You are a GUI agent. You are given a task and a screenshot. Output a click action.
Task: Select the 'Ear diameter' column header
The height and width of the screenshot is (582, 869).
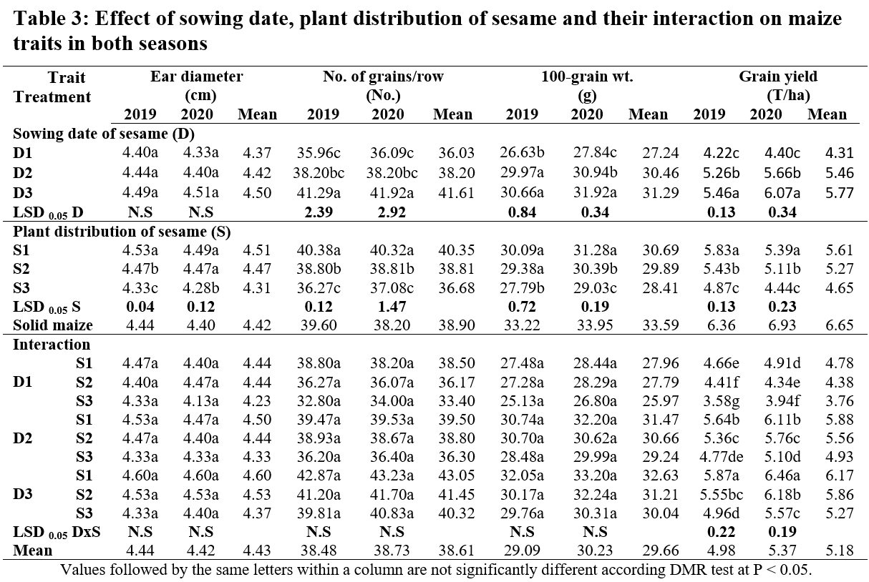coord(197,77)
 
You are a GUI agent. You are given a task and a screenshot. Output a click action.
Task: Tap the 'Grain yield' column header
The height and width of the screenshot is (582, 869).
coord(778,77)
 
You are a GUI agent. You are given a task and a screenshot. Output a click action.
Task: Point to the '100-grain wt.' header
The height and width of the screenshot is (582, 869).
coord(587,77)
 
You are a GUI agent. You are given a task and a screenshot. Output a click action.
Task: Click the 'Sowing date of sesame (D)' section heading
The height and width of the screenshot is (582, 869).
coord(104,134)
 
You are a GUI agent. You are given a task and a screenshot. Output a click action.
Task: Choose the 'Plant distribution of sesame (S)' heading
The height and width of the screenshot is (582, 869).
coord(122,232)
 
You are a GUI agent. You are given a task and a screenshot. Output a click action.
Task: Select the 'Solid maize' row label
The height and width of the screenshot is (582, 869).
coord(53,325)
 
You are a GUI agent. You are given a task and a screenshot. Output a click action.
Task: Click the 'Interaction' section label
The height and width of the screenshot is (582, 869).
coord(52,344)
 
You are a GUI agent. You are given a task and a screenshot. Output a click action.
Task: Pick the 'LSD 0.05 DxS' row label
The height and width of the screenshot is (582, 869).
coord(57,532)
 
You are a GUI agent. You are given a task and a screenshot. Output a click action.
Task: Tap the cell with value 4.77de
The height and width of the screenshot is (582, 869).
coord(722,457)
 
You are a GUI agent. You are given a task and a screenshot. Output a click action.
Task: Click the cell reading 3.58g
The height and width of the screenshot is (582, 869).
coord(722,401)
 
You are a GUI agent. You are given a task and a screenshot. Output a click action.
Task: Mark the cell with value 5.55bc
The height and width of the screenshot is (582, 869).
coord(722,495)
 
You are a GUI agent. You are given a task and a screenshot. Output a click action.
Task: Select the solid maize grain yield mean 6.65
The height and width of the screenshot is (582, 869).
coord(840,325)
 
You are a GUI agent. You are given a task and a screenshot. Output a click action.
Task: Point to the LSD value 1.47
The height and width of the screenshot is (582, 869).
coord(392,307)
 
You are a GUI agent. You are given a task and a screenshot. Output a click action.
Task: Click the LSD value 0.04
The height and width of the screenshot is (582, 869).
coord(140,307)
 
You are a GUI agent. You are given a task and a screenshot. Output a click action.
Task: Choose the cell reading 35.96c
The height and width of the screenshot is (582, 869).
coord(319,153)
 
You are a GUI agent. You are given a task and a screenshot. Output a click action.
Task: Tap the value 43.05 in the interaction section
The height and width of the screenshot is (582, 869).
coord(457,475)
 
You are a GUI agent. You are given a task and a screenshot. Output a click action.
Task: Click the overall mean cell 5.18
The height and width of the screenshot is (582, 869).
coord(840,551)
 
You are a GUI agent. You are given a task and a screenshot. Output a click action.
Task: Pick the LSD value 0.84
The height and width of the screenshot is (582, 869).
coord(522,212)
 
